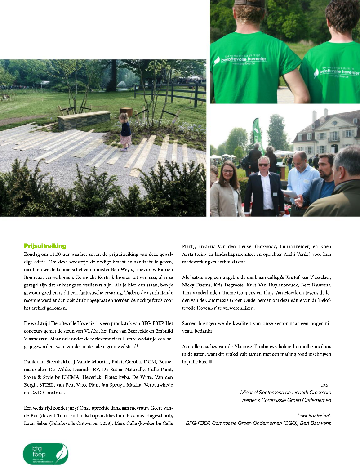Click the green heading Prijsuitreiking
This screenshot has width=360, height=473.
[45, 246]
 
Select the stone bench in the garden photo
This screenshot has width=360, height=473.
[84, 120]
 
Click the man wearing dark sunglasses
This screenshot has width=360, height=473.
[265, 185]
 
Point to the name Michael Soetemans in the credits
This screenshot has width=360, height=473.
[263, 393]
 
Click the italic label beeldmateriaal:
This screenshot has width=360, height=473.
[314, 415]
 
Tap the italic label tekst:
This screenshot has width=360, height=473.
[325, 385]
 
